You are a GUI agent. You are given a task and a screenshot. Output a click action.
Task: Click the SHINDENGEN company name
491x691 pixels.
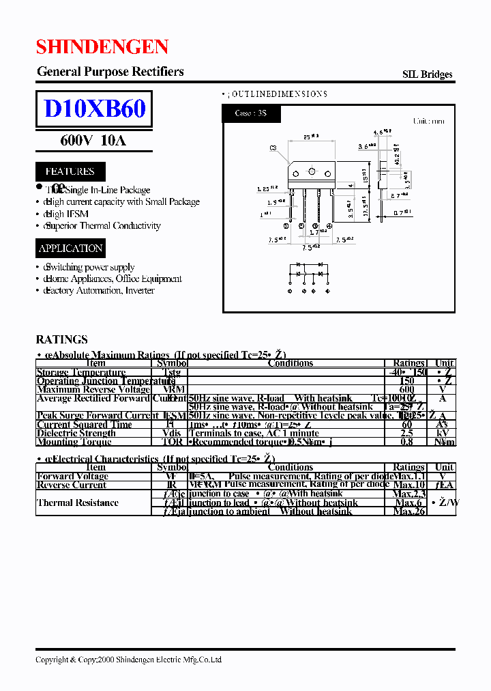coord(102,46)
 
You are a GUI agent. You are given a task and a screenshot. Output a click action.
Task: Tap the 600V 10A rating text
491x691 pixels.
coord(93,141)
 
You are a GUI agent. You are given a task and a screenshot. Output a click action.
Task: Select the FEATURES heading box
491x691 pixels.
coord(70,171)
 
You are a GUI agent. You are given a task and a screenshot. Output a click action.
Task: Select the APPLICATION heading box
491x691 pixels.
coord(70,249)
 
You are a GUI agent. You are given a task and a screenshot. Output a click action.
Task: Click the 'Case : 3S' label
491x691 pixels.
coord(250,113)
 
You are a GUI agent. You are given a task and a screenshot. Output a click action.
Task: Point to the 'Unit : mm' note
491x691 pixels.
coord(428,121)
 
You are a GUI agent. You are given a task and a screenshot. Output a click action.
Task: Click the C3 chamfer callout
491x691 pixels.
coord(273,147)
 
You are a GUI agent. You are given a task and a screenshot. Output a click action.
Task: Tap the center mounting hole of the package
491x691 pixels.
coord(312,171)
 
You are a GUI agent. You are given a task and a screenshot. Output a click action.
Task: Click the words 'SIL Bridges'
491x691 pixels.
coord(428,74)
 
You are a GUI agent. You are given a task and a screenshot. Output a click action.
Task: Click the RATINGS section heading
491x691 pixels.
coord(61,339)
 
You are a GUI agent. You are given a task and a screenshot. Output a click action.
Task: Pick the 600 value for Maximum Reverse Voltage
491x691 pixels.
coord(407,389)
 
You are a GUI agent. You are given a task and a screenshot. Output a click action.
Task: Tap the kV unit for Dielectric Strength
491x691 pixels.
coord(444,433)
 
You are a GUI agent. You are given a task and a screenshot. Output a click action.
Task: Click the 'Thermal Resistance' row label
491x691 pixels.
coord(78,503)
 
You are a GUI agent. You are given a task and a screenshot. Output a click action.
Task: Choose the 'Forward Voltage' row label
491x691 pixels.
coord(72,476)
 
